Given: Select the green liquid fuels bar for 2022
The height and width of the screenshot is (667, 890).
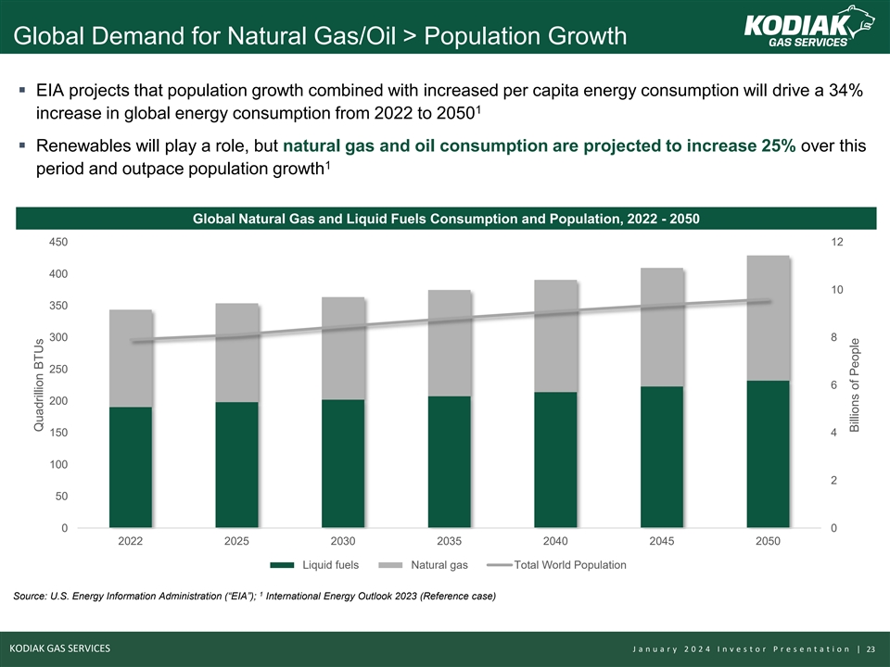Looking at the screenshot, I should pos(131,467).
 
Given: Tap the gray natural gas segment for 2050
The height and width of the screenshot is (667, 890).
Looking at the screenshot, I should pos(768,318).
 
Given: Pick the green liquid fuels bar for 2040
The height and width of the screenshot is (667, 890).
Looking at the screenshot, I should pos(555,459).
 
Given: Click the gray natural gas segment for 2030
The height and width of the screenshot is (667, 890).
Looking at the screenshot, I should pos(343,348).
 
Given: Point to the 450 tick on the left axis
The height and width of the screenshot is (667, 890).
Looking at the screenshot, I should pos(57,242).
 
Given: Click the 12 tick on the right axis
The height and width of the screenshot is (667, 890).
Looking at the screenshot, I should pos(837,242).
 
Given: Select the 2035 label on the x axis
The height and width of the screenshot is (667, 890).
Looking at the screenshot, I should pos(450,541).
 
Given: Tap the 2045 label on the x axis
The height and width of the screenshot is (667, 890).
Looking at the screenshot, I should pos(662,541).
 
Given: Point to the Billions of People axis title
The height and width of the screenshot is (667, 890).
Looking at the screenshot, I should pos(855,384).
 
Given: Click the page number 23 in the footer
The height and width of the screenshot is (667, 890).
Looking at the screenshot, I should pos(871,648).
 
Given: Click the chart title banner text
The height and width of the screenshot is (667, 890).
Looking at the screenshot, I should pos(445,218).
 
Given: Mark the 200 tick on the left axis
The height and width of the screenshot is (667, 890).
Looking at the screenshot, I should pos(57,401).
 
